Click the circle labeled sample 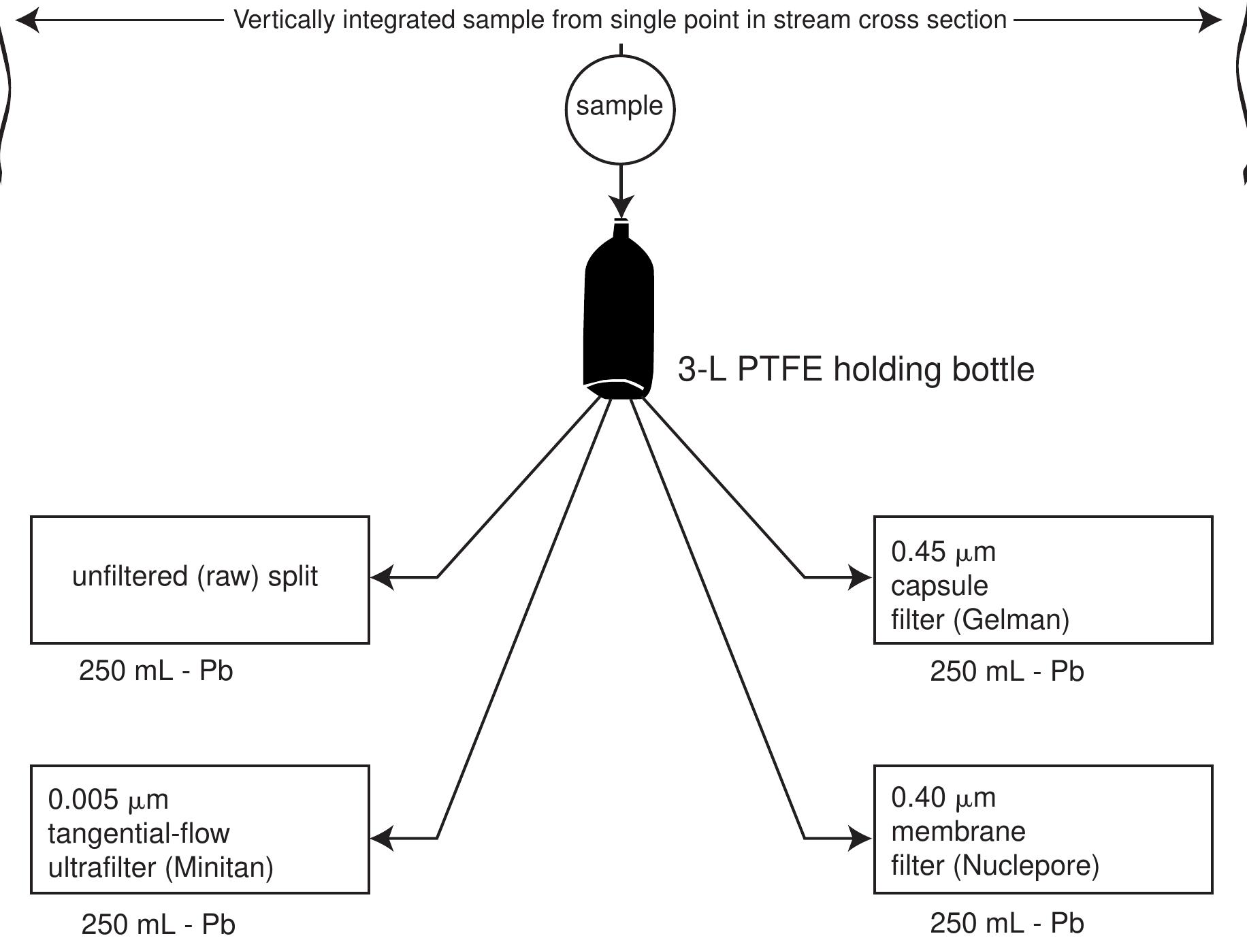tap(619, 109)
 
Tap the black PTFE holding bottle tap(619, 313)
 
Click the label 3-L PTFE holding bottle tap(856, 370)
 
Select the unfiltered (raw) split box tap(199, 579)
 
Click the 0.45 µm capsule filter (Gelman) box tap(1043, 579)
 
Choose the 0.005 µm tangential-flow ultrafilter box tap(199, 828)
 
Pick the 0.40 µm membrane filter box tap(1043, 828)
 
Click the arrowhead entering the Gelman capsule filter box tap(860, 577)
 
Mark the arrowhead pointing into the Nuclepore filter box tap(860, 838)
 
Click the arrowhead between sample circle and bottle tap(620, 206)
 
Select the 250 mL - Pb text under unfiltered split tap(156, 671)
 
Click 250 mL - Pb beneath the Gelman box tap(1007, 672)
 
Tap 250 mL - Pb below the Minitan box tap(158, 924)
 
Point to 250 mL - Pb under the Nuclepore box tap(1007, 923)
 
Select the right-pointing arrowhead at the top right tap(1210, 20)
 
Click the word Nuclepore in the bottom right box tap(1025, 866)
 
